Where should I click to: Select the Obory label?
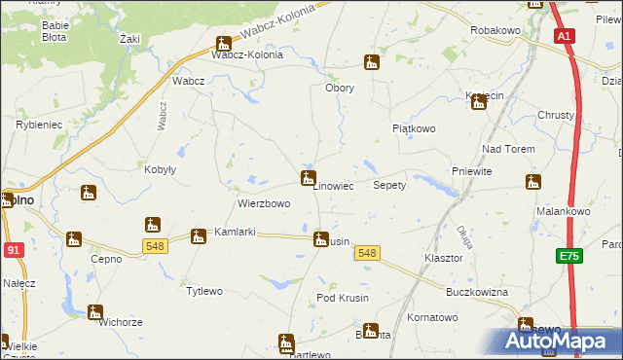click(x=339, y=88)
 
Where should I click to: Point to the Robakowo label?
click(x=495, y=31)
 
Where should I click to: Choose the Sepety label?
click(x=389, y=185)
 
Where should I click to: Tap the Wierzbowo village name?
click(x=264, y=204)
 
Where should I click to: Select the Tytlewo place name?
click(x=204, y=291)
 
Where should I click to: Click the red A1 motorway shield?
click(x=565, y=36)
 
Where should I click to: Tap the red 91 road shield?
click(x=14, y=250)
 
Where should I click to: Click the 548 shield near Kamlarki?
click(x=154, y=246)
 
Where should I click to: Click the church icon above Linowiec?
click(x=308, y=177)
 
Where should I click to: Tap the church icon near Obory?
click(x=371, y=64)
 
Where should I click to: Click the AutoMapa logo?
click(x=558, y=341)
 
